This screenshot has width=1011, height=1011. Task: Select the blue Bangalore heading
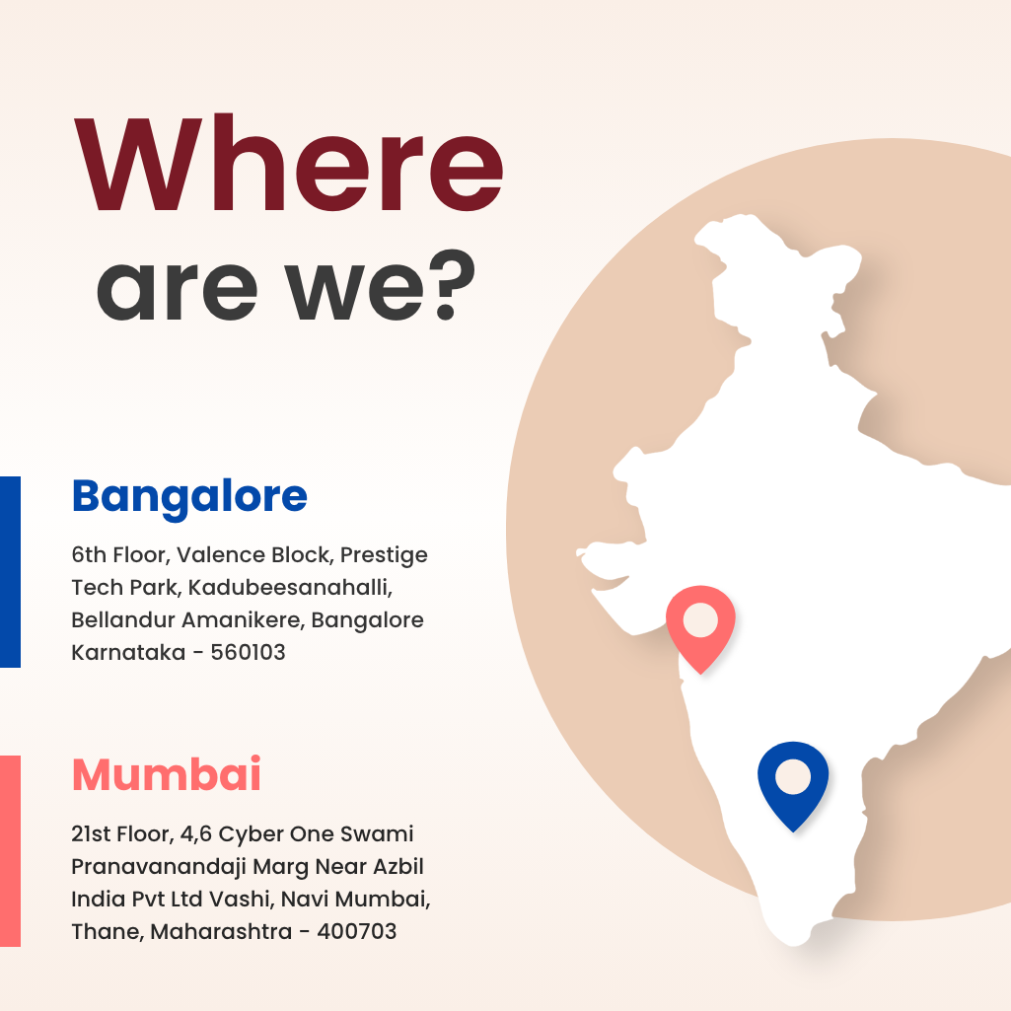coord(189,495)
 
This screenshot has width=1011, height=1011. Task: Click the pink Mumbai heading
coord(167,774)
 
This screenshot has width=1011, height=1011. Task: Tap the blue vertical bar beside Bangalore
coord(10,571)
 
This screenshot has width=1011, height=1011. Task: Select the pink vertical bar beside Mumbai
coord(10,850)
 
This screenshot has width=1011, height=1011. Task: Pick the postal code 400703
coord(356,931)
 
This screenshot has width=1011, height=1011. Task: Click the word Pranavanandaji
coord(155,867)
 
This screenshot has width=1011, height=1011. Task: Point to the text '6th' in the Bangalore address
coord(89,555)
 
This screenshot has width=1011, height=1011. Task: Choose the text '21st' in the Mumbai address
coord(92,834)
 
